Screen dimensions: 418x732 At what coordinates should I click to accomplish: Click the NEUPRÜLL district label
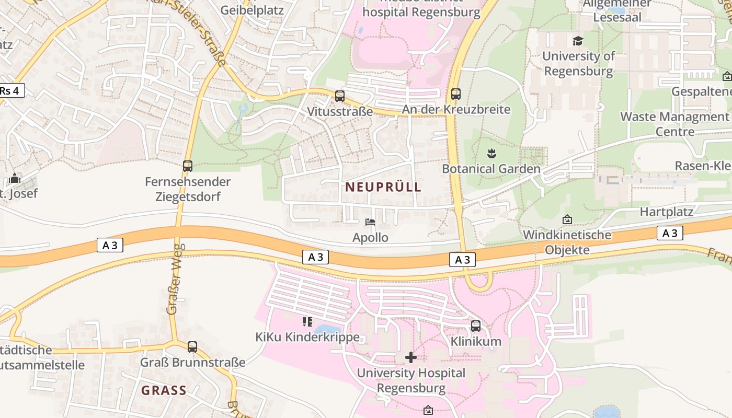coord(383,187)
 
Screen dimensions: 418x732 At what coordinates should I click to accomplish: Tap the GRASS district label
coord(164,390)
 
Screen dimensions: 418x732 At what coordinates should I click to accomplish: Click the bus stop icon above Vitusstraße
coord(340,96)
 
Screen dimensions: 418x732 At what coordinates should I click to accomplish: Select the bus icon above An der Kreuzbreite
coord(456,94)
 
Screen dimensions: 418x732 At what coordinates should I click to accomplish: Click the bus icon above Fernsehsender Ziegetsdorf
coord(188,166)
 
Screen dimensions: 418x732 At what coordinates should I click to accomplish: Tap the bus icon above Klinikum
coord(476,326)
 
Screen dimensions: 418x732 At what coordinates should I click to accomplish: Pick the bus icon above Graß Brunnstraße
coord(192,346)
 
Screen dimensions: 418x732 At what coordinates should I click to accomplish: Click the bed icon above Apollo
coord(370,222)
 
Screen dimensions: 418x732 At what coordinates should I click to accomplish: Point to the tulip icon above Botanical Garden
coord(491,154)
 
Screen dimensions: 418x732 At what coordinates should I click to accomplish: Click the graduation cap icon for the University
coord(578,41)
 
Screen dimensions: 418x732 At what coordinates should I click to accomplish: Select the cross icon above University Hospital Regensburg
coord(411,357)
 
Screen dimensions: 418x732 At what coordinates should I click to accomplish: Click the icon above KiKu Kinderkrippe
coord(307,321)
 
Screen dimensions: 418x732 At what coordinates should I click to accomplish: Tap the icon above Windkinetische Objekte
coord(567,220)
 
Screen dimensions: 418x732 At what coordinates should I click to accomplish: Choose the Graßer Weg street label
coord(174,279)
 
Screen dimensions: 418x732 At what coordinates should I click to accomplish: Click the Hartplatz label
coord(667,212)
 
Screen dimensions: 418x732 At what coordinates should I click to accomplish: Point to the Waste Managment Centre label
coord(674,124)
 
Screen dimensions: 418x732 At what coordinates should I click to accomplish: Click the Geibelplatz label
coord(252,10)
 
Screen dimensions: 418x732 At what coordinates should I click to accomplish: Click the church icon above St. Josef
coord(15,179)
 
